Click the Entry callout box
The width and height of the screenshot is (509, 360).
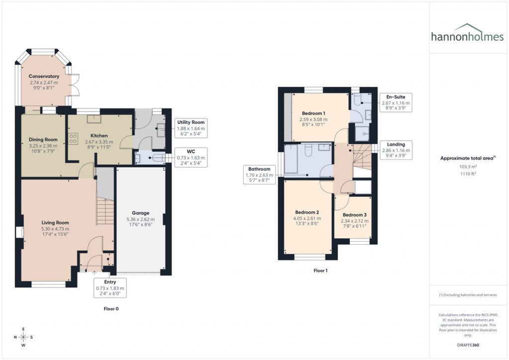(110, 288)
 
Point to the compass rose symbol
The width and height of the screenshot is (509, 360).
(23, 337)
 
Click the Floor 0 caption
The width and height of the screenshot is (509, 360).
(111, 309)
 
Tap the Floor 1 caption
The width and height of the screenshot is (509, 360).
(321, 271)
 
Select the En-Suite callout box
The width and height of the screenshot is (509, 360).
(396, 102)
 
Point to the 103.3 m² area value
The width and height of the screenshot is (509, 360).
(467, 167)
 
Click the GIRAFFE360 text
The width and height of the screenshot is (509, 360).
(467, 345)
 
